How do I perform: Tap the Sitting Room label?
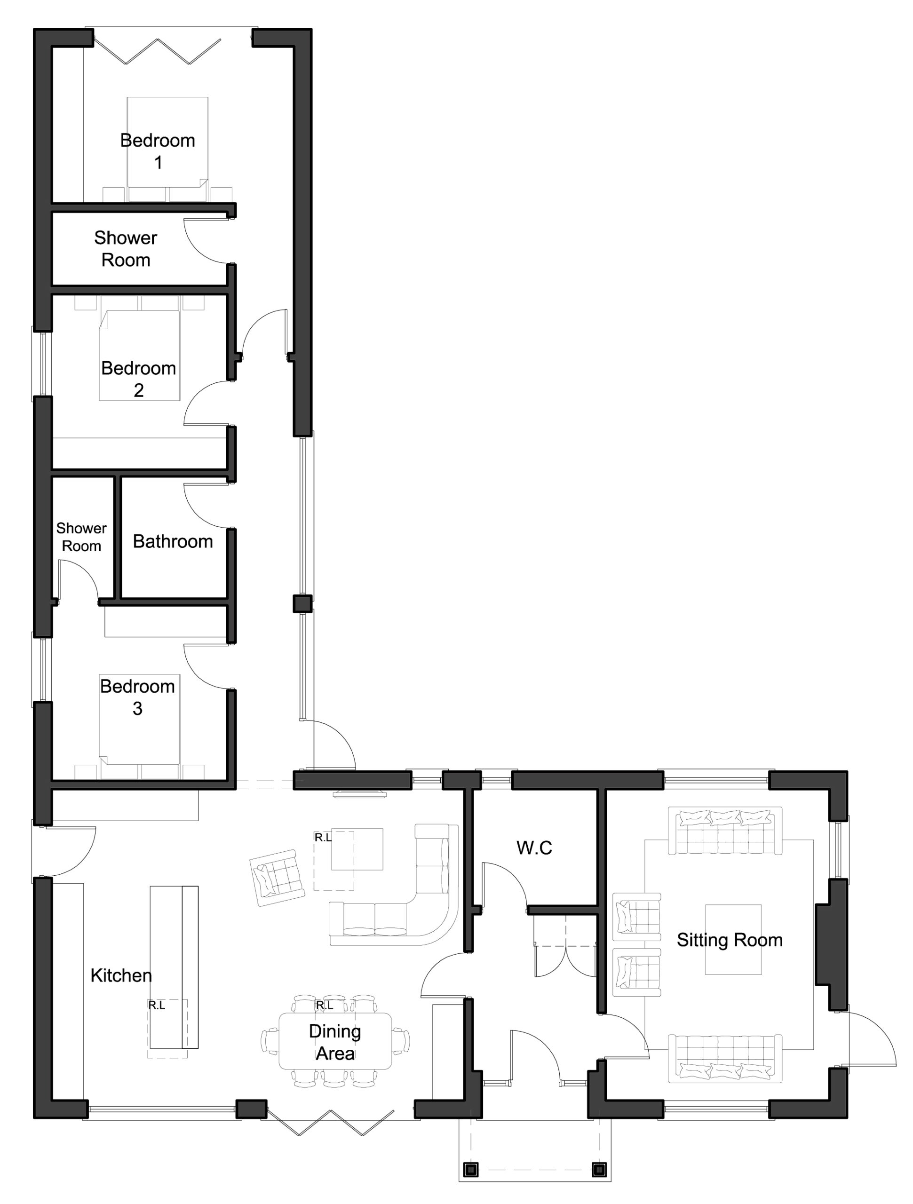(730, 940)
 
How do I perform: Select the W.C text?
(534, 848)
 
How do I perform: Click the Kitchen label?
(121, 975)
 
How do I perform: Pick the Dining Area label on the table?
(335, 1042)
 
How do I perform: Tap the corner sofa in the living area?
(430, 903)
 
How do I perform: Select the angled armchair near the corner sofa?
(277, 877)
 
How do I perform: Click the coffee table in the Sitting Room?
(733, 940)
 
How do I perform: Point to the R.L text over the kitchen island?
(157, 1006)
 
